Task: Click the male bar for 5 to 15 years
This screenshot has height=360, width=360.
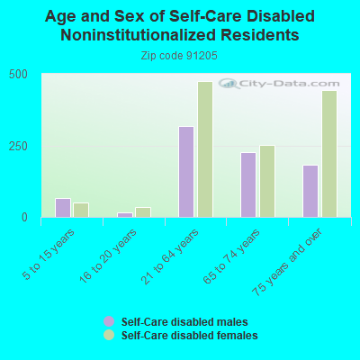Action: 63,208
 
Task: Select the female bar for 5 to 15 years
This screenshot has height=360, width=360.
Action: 81,210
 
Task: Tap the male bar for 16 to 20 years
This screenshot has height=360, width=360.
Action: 125,215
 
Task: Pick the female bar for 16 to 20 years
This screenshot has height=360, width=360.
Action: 143,212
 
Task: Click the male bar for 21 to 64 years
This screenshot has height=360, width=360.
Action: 186,172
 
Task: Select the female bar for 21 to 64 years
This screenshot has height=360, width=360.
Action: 205,149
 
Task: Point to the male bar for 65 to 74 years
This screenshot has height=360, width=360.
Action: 248,184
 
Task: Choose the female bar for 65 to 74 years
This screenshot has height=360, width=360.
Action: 267,181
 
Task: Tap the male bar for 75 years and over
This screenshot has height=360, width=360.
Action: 310,191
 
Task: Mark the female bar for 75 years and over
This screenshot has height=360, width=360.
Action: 329,154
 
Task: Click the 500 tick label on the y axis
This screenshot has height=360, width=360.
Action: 18,75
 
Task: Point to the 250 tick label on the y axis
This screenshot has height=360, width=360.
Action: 18,147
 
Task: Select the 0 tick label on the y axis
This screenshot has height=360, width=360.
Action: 24,218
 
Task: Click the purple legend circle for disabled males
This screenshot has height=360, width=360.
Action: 109,321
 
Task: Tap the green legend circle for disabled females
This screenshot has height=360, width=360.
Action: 109,335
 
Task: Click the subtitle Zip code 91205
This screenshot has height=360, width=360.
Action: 179,56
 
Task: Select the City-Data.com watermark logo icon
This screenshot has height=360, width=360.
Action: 229,84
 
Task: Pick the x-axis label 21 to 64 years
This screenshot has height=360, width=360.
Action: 170,256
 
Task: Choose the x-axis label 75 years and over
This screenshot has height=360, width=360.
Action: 287,262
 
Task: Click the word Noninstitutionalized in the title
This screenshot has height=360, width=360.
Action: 139,35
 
